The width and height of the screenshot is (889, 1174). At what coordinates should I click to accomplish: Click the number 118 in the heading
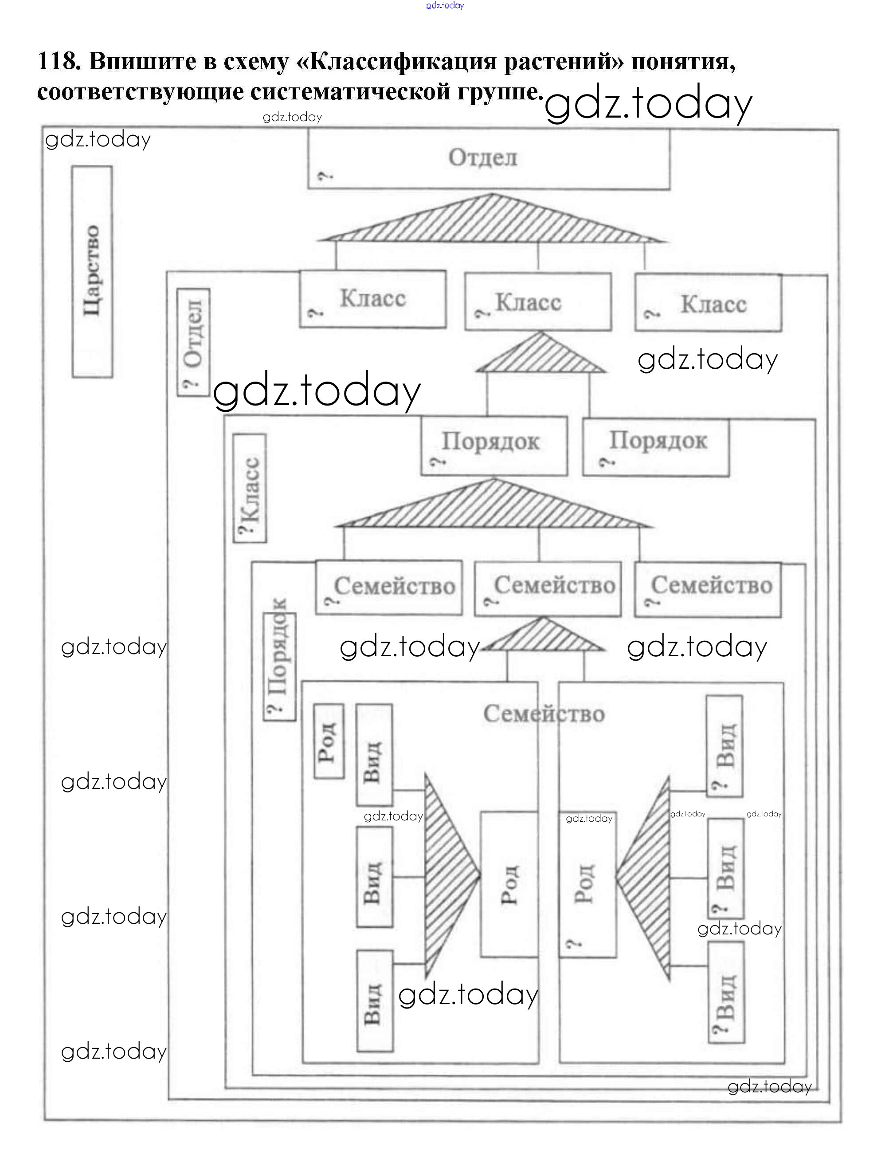[x=57, y=62]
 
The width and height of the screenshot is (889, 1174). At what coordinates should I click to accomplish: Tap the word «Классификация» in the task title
[x=400, y=62]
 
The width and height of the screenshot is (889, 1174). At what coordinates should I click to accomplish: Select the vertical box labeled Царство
[x=92, y=271]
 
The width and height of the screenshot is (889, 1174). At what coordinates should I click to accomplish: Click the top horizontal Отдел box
[x=488, y=159]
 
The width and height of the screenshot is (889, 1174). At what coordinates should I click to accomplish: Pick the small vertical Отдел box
[x=193, y=343]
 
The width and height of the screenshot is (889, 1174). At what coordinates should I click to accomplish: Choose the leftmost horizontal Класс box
[x=372, y=299]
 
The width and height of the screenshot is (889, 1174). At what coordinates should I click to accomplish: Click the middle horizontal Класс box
[x=538, y=303]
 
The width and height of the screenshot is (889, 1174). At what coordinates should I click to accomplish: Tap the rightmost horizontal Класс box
[x=708, y=303]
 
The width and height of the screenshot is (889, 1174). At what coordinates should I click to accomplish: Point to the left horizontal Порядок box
[x=494, y=446]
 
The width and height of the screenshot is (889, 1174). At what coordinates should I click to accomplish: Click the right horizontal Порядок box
[x=656, y=447]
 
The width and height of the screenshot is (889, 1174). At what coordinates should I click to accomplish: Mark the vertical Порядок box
[x=279, y=666]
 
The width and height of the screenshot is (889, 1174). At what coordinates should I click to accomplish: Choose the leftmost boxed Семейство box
[x=389, y=587]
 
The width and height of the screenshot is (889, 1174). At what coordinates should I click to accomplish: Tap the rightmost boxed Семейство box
[x=708, y=590]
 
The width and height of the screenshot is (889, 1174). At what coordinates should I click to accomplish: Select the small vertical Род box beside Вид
[x=329, y=741]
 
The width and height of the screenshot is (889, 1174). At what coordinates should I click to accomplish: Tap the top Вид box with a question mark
[x=724, y=746]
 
